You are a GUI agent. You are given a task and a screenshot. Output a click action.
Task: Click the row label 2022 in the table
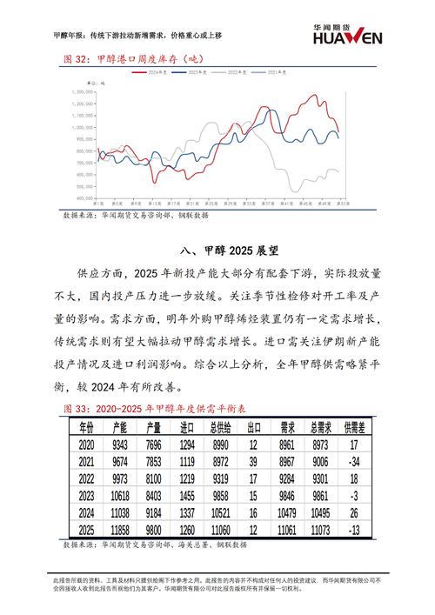tap(85, 478)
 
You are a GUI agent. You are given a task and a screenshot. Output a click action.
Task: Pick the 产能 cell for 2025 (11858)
tap(120, 530)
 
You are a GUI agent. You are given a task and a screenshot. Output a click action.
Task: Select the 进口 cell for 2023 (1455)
tap(184, 495)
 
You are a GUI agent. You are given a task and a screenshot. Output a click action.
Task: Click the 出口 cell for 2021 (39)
tap(252, 460)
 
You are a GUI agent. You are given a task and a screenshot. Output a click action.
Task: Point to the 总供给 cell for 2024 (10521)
tap(217, 512)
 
